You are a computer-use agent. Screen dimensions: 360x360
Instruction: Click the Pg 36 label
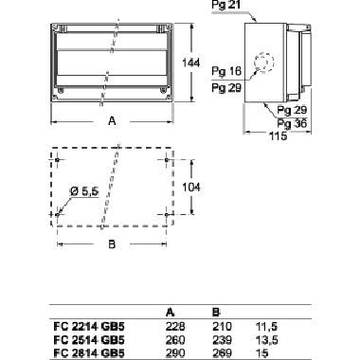(291, 123)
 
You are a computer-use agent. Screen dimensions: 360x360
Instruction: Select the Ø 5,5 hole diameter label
(82, 193)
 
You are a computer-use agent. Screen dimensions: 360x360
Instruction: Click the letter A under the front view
(112, 121)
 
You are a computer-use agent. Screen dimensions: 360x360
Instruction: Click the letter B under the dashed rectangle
(112, 245)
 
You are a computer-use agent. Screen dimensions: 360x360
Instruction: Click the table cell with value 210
(217, 324)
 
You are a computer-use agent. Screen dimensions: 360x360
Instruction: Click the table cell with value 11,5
(266, 324)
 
